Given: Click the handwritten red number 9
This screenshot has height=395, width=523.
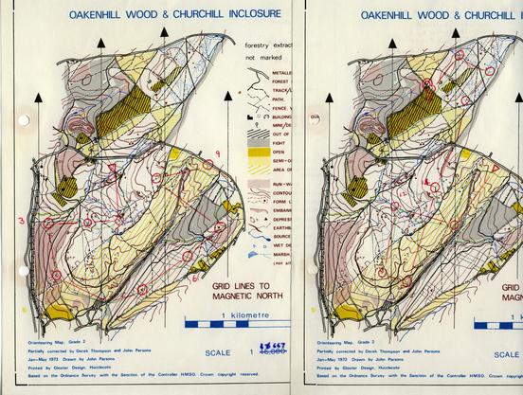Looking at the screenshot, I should point(217,153).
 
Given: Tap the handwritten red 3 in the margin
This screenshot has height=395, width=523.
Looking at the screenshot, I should point(20,221).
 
